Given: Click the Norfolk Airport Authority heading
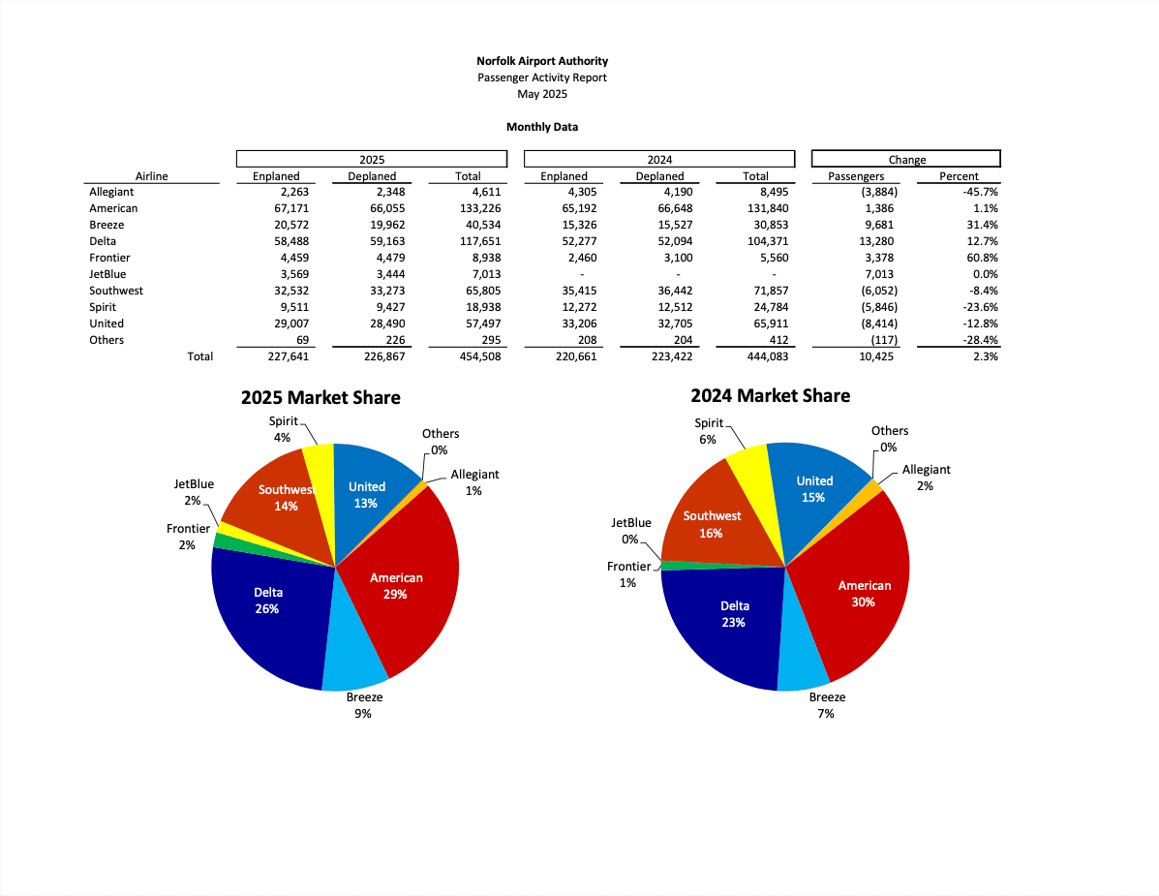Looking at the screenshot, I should [542, 61].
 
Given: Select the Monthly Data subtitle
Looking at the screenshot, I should [542, 127].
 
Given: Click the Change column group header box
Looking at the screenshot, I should [906, 159].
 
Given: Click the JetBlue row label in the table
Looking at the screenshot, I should [108, 274].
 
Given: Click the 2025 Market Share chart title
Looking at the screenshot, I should [320, 397].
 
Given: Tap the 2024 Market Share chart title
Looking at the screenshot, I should [771, 395].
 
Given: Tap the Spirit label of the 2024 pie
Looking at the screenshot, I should [709, 423].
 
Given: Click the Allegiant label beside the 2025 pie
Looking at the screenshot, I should [474, 475].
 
